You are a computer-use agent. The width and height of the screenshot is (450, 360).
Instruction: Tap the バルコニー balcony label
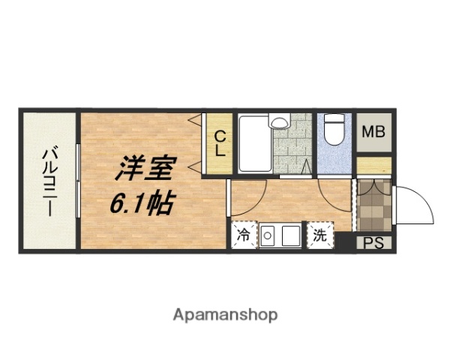(49, 180)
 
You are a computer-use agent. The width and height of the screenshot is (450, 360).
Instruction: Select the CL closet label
(218, 143)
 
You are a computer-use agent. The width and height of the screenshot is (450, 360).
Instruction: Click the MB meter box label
(373, 133)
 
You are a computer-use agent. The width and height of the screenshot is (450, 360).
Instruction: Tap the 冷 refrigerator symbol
(243, 235)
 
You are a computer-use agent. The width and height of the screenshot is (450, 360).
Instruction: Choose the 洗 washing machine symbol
(319, 235)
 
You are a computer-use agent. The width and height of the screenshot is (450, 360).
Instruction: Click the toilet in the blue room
(334, 130)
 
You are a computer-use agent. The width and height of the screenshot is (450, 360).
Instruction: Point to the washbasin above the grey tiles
(280, 121)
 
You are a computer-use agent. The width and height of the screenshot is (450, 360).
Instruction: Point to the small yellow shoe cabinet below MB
(373, 164)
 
